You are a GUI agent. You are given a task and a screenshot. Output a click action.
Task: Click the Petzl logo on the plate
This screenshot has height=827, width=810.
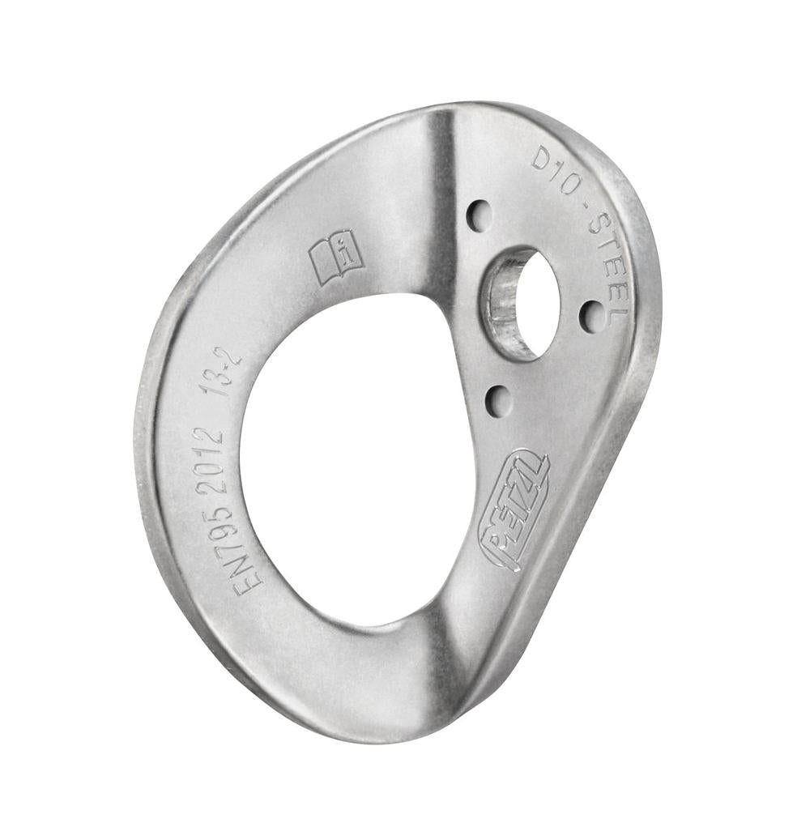[515, 510]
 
